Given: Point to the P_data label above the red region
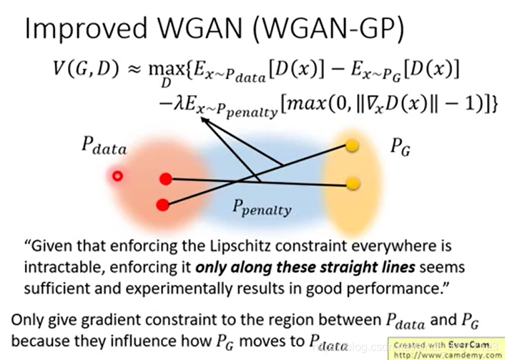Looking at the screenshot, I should point(102,149).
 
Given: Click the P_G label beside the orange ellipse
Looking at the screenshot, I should point(400,149).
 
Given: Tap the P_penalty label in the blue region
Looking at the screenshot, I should point(262,208).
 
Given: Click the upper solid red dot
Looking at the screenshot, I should point(165,178).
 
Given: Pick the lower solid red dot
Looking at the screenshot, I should point(162,205).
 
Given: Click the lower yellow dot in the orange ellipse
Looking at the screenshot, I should point(352,184).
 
